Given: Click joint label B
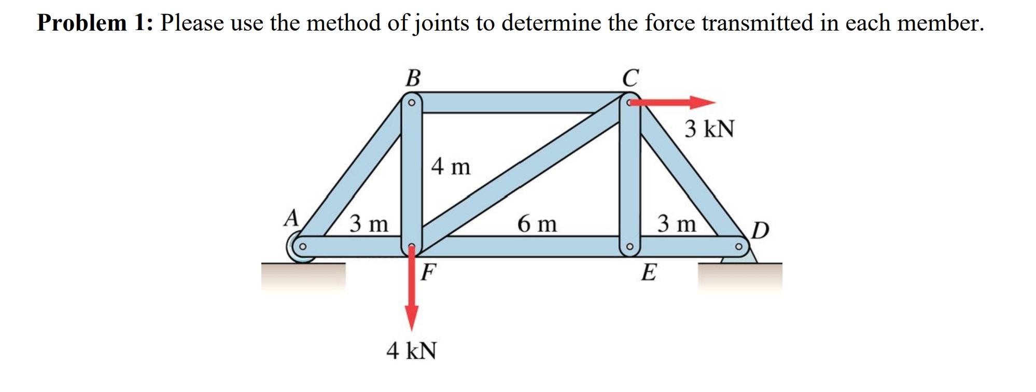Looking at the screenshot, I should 413,78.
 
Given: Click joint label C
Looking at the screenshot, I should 631,78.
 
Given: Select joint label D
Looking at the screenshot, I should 760,230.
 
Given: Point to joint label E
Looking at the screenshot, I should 649,272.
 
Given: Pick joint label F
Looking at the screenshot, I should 428,272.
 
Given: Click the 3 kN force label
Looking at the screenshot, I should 709,129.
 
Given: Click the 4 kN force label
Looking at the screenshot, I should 411,351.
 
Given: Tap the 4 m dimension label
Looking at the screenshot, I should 451,166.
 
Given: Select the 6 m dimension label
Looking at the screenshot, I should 537,224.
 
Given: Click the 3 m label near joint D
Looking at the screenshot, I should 677,224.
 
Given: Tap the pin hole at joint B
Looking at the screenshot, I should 412,103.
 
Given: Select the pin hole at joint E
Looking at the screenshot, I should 629,246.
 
